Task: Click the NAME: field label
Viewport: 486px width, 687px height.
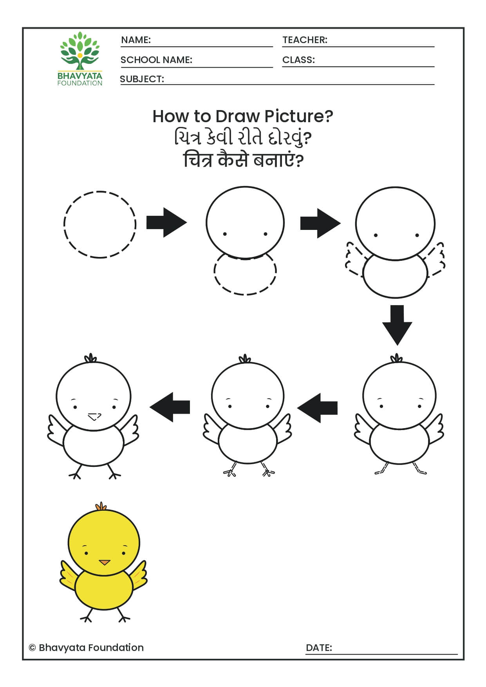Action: [x=136, y=40]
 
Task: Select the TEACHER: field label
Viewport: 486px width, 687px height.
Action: [x=305, y=40]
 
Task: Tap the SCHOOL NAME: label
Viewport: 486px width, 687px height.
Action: [x=156, y=60]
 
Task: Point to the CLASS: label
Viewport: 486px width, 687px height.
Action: [x=298, y=60]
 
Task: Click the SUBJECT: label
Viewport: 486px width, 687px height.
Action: [x=142, y=79]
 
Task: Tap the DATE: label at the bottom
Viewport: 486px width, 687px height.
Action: [x=319, y=648]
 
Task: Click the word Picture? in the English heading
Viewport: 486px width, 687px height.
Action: [x=298, y=116]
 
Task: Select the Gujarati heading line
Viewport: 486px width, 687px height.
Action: [x=243, y=138]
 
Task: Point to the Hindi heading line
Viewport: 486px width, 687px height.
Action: [x=243, y=160]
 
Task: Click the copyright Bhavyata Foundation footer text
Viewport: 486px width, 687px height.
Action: [x=87, y=648]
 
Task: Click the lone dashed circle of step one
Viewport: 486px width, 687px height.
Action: [x=100, y=224]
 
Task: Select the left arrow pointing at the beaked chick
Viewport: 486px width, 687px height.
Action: [x=170, y=407]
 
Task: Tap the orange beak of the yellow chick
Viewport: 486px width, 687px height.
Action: [x=104, y=562]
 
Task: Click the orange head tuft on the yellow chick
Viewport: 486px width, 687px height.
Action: [x=101, y=506]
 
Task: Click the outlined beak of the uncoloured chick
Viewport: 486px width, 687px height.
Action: [x=94, y=416]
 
